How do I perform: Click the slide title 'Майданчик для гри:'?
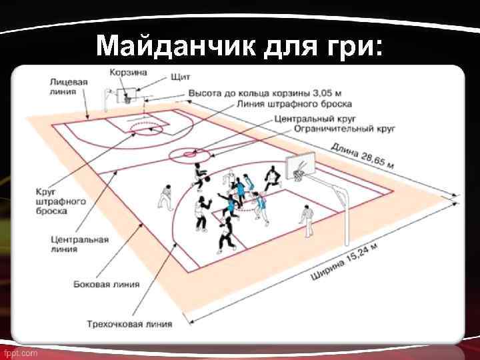click(239, 46)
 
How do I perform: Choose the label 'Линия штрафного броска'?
click(293, 105)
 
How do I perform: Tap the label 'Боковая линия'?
click(107, 284)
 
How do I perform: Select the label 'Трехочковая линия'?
click(129, 324)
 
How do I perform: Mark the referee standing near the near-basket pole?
click(307, 219)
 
